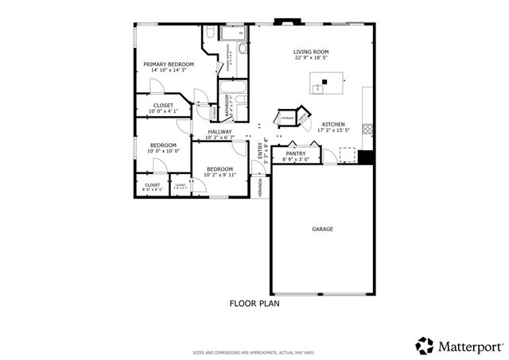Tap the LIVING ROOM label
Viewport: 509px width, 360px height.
pyautogui.click(x=311, y=52)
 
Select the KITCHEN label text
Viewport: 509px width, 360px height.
pyautogui.click(x=332, y=125)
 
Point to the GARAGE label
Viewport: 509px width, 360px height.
pyautogui.click(x=322, y=229)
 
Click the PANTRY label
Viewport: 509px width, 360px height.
pyautogui.click(x=296, y=153)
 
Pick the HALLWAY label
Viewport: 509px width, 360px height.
pyautogui.click(x=220, y=132)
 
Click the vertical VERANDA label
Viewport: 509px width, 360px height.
pyautogui.click(x=260, y=187)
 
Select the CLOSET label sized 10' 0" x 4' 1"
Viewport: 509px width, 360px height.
pyautogui.click(x=163, y=105)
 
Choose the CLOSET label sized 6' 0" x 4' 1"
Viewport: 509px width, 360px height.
pyautogui.click(x=152, y=185)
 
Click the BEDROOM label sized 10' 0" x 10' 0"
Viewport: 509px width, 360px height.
pyautogui.click(x=162, y=145)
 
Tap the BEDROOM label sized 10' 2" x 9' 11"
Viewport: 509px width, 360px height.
pyautogui.click(x=220, y=168)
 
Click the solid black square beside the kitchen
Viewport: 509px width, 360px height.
pyautogui.click(x=365, y=157)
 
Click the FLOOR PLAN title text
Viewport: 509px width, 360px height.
pyautogui.click(x=254, y=303)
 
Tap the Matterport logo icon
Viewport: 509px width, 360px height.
pyautogui.click(x=425, y=346)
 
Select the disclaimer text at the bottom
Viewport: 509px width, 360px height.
pyautogui.click(x=254, y=352)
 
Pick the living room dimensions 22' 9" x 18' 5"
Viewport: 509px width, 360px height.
pyautogui.click(x=311, y=58)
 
